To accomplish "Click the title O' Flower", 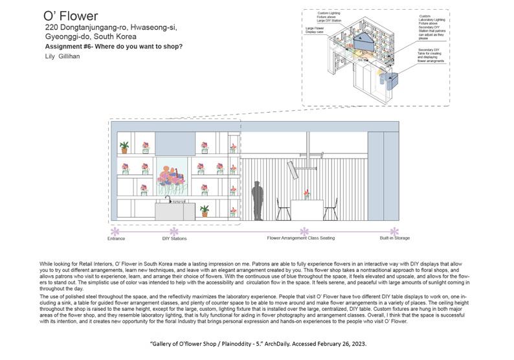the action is (x=71, y=16).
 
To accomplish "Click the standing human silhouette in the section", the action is (x=257, y=201).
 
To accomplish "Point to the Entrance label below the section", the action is (x=116, y=239).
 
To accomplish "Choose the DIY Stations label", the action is (x=174, y=239).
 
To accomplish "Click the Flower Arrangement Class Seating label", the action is (x=301, y=238).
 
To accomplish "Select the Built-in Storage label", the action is (x=395, y=238).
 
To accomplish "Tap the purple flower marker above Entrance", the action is (x=115, y=231).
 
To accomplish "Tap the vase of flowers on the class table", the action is (x=306, y=194).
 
